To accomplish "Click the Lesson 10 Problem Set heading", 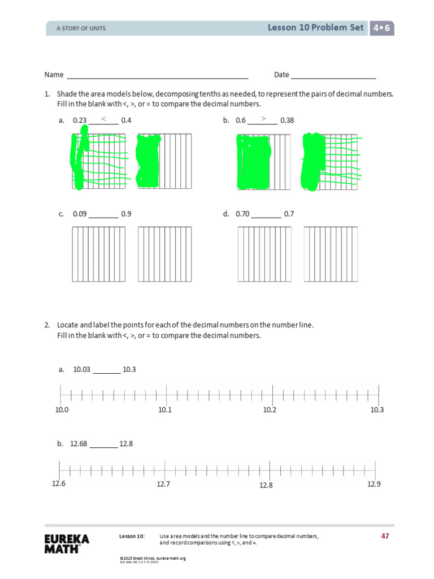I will [316, 28].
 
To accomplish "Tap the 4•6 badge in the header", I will [382, 28].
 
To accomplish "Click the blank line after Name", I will [158, 76].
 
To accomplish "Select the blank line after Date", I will [333, 76].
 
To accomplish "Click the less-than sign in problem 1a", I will [103, 119].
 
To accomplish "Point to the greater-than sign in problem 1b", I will [263, 119].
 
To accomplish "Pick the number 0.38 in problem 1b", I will [287, 120].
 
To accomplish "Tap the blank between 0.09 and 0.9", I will [103, 215].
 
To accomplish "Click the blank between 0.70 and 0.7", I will [266, 215].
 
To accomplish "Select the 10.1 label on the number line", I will [164, 410].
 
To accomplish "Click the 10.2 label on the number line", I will [270, 410].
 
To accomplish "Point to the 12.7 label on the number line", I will [164, 484].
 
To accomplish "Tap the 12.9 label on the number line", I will [374, 484].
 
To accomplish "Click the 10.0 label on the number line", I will [62, 410].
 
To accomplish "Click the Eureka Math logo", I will [67, 542].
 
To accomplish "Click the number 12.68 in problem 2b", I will [79, 444].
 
